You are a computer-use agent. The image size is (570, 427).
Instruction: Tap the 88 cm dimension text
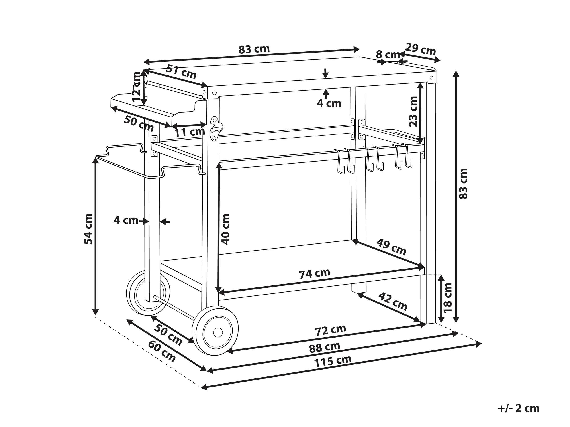coord(325,348)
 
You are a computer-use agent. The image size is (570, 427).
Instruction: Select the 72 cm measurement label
coord(331,330)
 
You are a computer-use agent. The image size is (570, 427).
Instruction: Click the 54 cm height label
coord(88,229)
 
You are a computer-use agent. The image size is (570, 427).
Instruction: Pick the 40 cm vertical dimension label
coord(225,229)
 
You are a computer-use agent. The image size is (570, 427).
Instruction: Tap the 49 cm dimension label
coord(391,247)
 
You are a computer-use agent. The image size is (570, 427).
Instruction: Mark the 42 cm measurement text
coord(393,302)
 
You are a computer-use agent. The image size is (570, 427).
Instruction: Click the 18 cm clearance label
coord(448,297)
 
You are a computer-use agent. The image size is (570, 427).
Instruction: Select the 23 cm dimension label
coord(413,111)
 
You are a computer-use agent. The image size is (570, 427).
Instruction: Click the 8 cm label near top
coord(388,55)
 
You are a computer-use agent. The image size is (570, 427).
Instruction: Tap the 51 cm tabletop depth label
coord(181,72)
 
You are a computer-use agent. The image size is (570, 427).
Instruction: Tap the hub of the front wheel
coord(218,332)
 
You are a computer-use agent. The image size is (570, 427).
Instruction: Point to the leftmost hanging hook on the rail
coord(340,161)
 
